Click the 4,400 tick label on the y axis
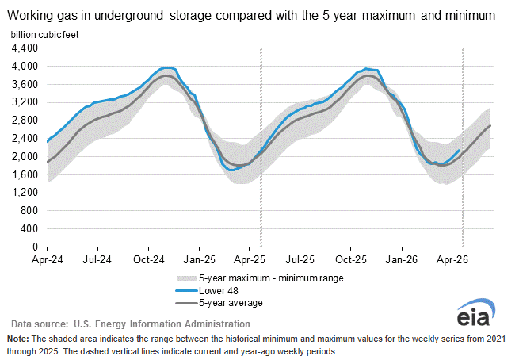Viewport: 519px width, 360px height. (x=25, y=48)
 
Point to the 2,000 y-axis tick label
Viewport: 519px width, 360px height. (x=25, y=157)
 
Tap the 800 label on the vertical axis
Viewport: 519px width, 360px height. (x=29, y=211)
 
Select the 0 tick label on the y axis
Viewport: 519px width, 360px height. (x=35, y=247)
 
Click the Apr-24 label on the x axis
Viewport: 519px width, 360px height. (x=48, y=259)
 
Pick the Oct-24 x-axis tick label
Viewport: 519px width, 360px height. (x=149, y=259)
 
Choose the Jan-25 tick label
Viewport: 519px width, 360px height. (x=199, y=259)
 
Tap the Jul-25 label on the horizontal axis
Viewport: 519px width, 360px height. (x=300, y=259)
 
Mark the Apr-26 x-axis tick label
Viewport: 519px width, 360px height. (x=452, y=259)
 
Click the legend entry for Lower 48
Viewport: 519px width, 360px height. (x=207, y=291)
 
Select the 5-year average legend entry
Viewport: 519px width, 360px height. (x=219, y=303)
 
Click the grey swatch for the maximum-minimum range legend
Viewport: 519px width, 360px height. (x=187, y=278)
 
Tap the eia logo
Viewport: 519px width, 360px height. (x=476, y=312)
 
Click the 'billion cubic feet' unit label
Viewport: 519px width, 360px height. (x=44, y=35)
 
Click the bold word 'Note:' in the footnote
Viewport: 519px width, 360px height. (x=18, y=339)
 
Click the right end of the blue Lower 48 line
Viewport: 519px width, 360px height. (x=459, y=151)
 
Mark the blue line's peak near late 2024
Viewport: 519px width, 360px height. (x=168, y=68)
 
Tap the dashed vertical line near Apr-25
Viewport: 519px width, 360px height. (x=261, y=147)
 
